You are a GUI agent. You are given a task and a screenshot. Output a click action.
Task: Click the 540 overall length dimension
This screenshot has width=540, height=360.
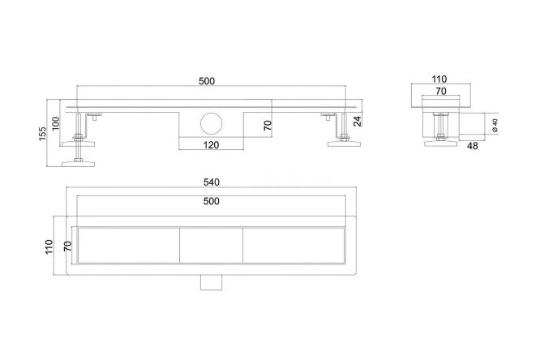[211, 182]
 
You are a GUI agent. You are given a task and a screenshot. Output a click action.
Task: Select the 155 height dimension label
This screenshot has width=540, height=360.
[42, 133]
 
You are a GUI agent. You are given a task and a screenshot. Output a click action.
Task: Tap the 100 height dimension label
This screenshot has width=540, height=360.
[55, 123]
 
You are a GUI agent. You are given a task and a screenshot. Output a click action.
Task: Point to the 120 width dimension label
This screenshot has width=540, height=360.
[211, 145]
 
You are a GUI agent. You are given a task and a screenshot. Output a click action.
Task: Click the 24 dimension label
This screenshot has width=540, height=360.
[358, 122]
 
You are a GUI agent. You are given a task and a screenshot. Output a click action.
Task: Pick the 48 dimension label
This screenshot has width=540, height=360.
[472, 146]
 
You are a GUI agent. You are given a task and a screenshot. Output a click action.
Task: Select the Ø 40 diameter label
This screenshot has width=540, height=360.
[495, 126]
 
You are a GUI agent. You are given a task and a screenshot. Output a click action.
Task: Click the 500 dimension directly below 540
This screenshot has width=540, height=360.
[211, 201]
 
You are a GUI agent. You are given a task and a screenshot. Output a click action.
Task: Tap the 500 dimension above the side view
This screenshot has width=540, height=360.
[207, 81]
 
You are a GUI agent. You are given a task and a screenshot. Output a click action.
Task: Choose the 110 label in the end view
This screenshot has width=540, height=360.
[439, 79]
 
